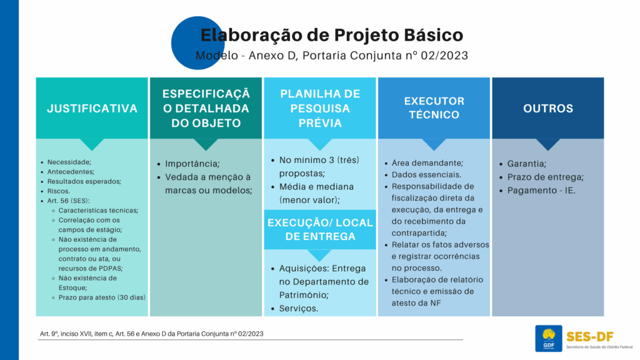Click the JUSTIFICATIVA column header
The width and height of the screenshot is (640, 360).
[92, 108]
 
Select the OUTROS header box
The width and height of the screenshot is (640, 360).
[547, 108]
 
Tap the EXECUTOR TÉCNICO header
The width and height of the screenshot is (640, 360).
[434, 108]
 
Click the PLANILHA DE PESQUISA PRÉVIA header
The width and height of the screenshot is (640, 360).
[320, 108]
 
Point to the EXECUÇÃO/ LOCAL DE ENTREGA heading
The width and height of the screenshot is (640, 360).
[320, 229]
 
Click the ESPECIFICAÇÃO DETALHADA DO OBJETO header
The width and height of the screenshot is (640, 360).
[206, 108]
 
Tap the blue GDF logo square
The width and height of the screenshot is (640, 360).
[549, 338]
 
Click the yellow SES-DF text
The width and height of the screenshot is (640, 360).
[590, 337]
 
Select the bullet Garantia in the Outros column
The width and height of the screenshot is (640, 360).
[526, 164]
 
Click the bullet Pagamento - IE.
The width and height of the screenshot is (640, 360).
[541, 191]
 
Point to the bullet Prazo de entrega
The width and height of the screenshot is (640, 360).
[545, 177]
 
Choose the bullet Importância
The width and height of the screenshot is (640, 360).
[192, 164]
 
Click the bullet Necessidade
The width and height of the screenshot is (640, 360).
[69, 162]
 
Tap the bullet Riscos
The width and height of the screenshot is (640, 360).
[58, 191]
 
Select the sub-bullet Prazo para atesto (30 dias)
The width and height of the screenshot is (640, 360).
[102, 297]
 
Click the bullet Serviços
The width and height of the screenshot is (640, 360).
[298, 309]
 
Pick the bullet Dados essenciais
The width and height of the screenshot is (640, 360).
[426, 175]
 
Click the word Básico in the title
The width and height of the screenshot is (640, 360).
[434, 35]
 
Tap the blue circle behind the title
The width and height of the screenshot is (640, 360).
[198, 43]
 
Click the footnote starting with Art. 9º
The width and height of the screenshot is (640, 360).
[151, 334]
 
